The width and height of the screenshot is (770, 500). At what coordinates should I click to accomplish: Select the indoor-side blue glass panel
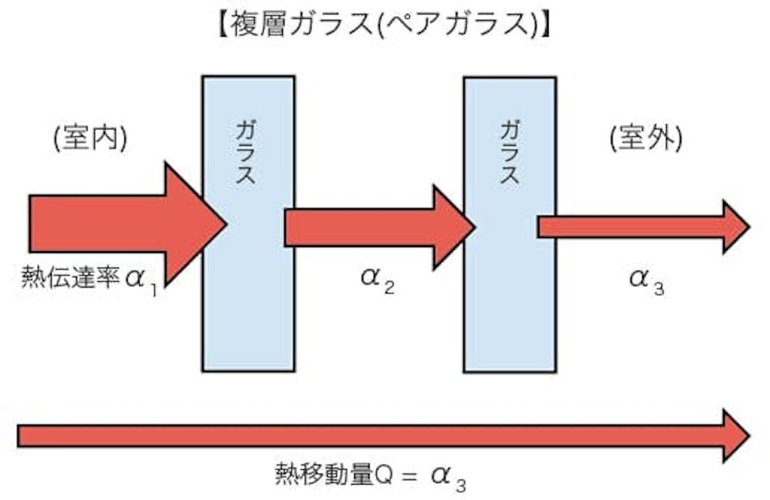[248, 302]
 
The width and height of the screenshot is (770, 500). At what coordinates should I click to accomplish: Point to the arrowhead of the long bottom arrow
[735, 436]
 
